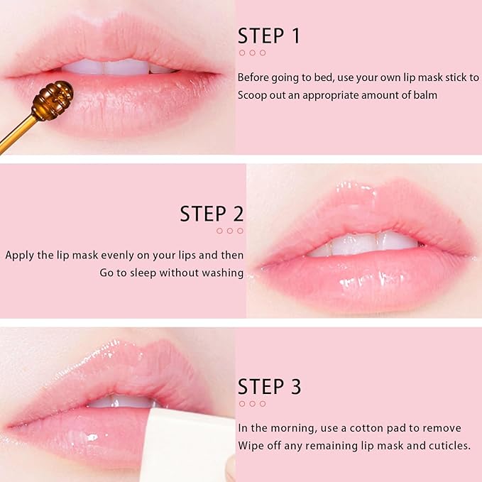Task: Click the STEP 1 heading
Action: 269,35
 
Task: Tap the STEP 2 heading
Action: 211,213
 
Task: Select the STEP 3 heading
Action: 269,387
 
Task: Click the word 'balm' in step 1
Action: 423,94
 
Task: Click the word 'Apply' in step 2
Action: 20,255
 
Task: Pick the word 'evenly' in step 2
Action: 123,255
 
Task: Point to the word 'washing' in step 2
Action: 223,273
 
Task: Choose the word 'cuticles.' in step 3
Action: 446,446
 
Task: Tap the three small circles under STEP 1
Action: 252,53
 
